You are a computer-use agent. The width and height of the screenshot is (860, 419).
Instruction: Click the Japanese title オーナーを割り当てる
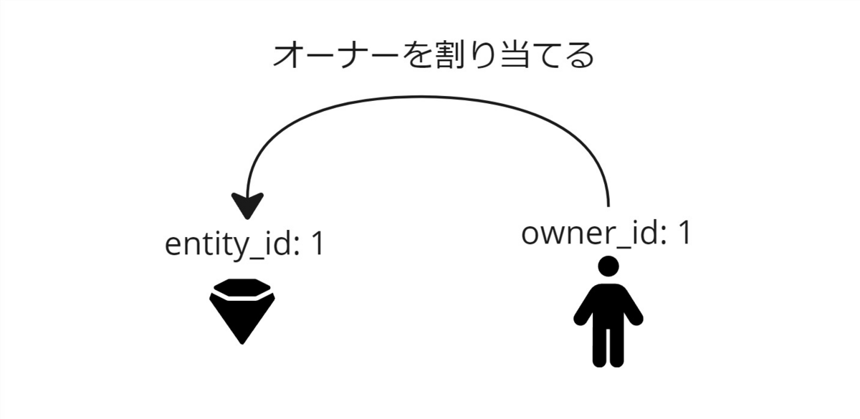433,56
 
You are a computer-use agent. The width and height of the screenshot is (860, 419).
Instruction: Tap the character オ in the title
287,56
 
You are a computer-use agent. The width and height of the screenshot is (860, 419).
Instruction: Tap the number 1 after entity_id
316,244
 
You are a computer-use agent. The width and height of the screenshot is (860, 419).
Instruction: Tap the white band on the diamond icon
242,294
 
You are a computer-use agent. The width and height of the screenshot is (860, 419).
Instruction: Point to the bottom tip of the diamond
242,342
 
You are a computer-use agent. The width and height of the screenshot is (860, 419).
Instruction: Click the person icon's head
608,266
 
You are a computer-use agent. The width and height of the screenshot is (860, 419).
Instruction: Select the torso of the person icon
608,304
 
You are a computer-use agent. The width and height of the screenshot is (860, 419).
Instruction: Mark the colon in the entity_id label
295,248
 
